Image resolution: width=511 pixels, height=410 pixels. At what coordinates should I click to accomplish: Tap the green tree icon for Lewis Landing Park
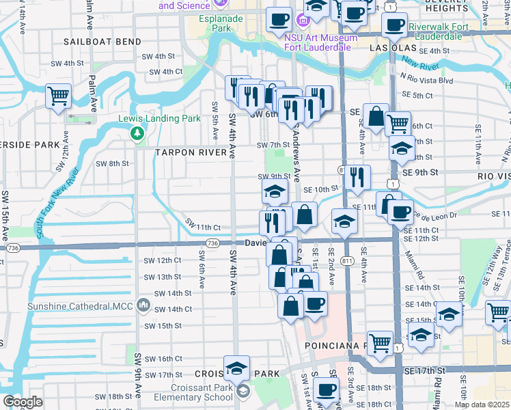point(137,132)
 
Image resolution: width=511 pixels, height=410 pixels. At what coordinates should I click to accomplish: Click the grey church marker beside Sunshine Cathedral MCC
point(143,304)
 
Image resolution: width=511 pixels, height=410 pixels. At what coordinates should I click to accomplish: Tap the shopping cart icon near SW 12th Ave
point(58,96)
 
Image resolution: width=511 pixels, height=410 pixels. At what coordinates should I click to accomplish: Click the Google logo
point(23,402)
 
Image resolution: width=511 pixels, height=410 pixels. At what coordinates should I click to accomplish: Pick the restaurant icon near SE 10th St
point(357,178)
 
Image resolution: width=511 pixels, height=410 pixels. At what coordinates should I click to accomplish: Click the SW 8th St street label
point(112,163)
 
